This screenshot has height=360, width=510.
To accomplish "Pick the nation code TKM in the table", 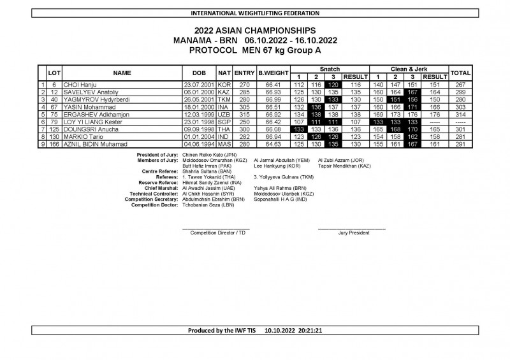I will pos(224,99).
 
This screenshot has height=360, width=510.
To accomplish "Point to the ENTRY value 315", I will pos(244,106).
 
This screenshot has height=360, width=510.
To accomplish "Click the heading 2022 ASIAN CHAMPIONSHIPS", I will pos(254,29).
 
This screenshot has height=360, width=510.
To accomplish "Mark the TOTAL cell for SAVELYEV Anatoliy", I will pos(460,92).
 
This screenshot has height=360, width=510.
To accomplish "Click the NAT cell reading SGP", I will pos(224,121).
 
